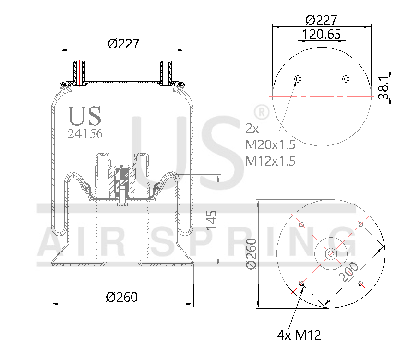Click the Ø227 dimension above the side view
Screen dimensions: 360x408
(123, 44)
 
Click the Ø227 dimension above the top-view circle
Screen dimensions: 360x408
(322, 20)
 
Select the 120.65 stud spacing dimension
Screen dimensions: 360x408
(322, 34)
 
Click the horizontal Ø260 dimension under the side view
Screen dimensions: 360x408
(121, 297)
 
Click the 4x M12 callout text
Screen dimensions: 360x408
(299, 335)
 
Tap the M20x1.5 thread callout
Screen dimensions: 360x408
(270, 144)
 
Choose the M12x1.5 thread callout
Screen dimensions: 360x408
(270, 161)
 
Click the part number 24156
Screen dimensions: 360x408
(85, 134)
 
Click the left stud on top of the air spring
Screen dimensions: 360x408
(79, 73)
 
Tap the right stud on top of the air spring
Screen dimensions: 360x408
(166, 73)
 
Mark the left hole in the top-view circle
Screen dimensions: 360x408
(298, 79)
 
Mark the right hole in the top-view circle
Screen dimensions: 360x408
(345, 79)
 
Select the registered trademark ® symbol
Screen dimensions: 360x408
(261, 112)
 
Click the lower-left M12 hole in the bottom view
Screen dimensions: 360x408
(301, 283)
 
